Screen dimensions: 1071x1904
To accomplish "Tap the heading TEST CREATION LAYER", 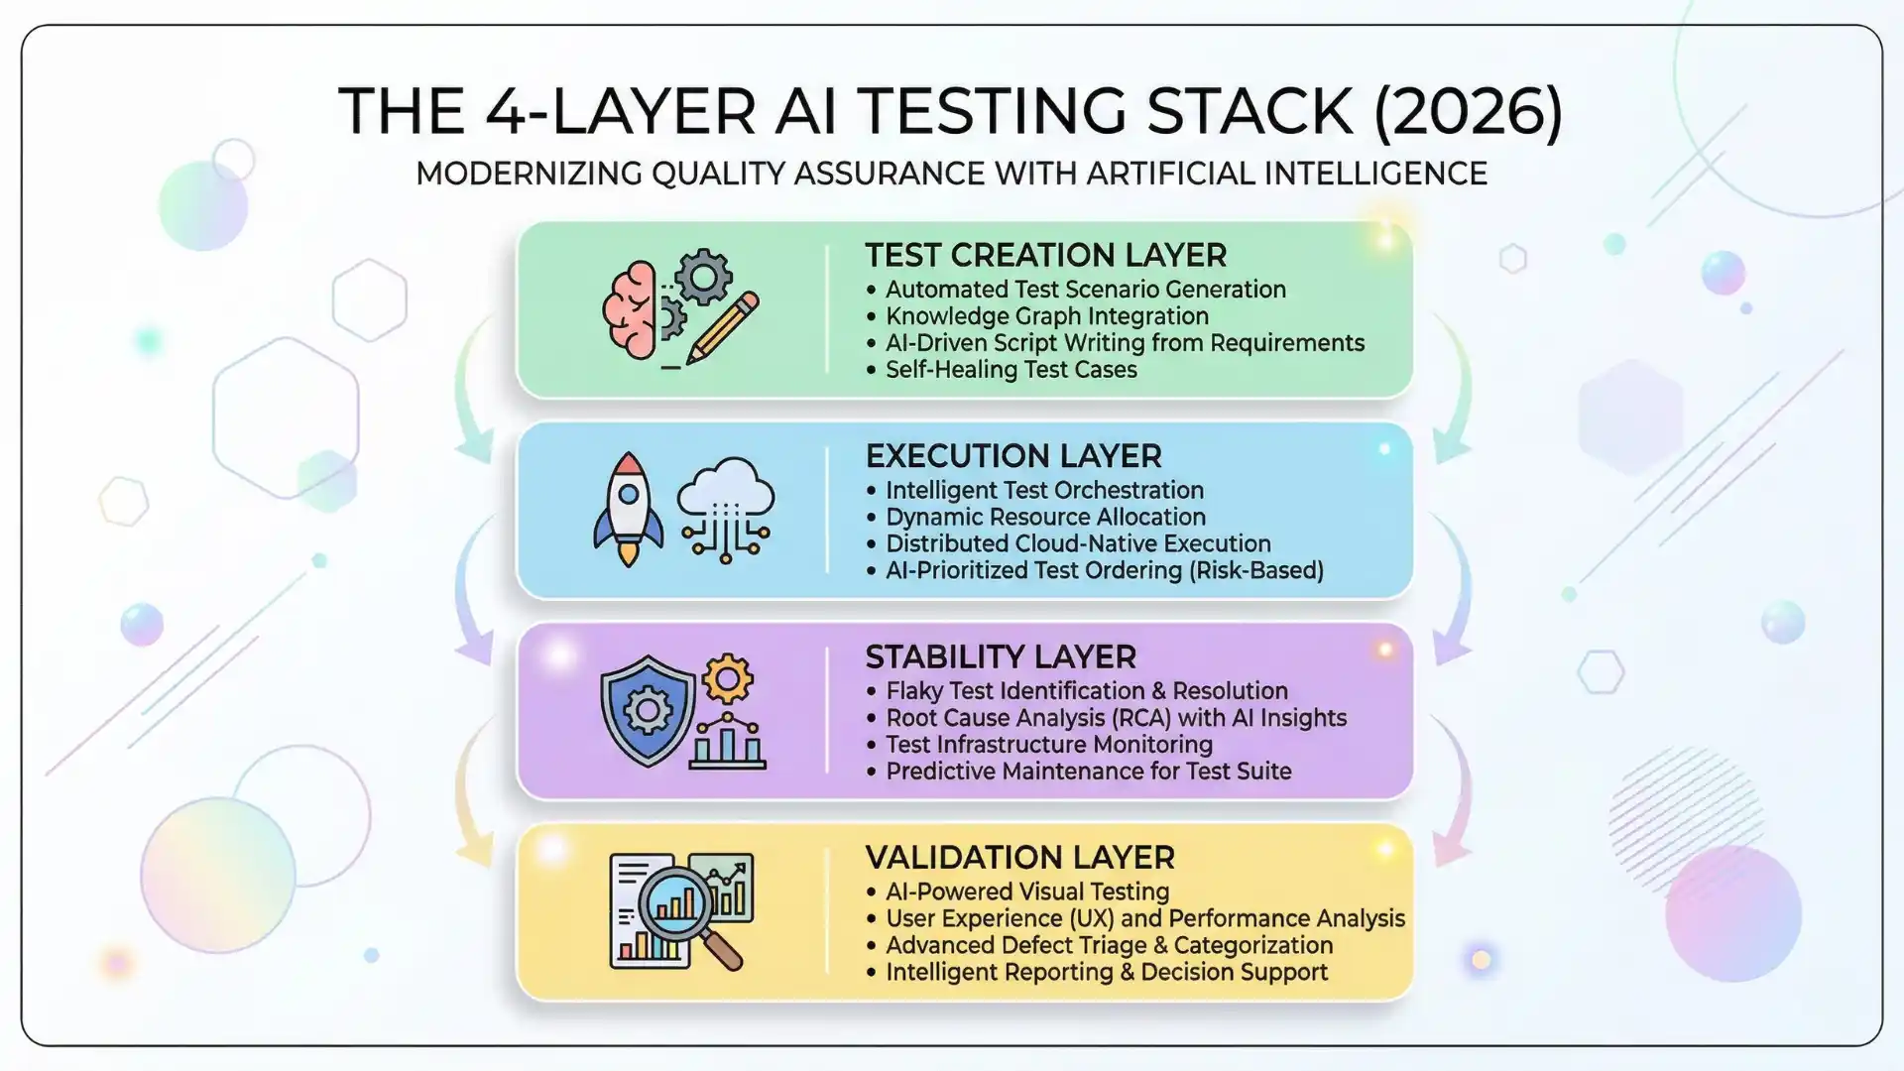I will click(1045, 256).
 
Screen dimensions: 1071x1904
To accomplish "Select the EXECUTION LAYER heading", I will click(1012, 456).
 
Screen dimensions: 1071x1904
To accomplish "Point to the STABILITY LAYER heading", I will click(1000, 656).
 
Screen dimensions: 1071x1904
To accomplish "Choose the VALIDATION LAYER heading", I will click(1019, 858).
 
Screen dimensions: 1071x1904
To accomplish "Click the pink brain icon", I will click(631, 309).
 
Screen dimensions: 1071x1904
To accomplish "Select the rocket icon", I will click(628, 508).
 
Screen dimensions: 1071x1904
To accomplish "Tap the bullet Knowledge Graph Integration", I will click(1046, 316).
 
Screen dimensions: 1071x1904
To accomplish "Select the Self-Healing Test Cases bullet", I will click(1011, 370).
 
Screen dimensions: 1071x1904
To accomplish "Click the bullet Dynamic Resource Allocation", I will click(1045, 518).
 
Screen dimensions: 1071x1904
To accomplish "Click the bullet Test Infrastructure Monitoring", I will click(1048, 745).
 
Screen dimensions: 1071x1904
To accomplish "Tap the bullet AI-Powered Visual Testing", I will click(1026, 892).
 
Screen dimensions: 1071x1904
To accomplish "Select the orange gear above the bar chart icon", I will click(727, 679).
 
